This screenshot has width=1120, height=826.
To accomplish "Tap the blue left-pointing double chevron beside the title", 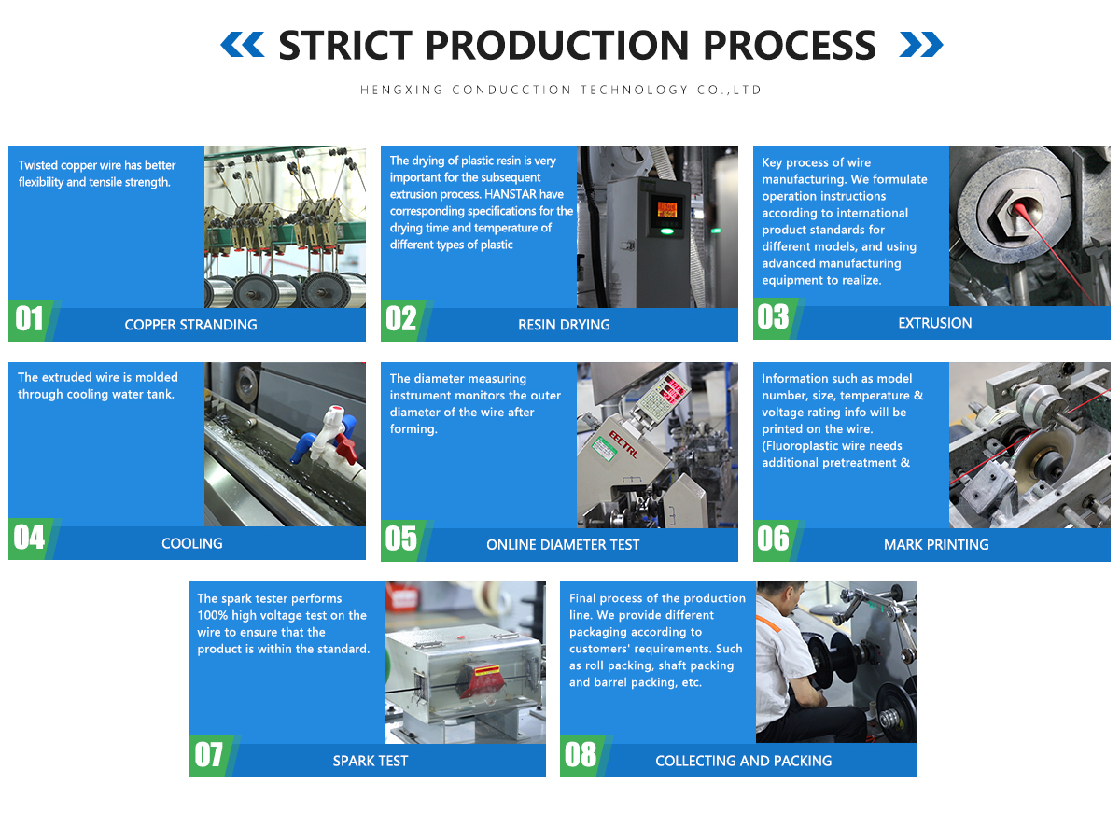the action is point(243,44).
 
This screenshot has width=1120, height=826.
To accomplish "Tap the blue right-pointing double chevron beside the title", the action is point(920,44).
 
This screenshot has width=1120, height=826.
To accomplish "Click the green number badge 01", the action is point(30,319).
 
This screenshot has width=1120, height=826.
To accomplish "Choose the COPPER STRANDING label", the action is point(190,325).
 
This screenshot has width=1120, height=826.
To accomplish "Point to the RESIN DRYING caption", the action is point(564,325).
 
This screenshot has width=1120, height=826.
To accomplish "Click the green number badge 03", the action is point(773,317).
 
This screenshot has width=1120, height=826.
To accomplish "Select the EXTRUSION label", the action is point(934,323).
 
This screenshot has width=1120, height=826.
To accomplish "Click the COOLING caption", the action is point(191,543).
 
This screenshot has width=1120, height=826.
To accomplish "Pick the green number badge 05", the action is point(401,539).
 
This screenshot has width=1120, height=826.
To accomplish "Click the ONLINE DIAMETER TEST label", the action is point(563,544).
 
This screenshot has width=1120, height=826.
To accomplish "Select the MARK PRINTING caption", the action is point(935,544).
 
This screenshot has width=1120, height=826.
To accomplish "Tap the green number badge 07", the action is point(209,754).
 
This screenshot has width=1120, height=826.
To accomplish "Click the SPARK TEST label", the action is point(370,761).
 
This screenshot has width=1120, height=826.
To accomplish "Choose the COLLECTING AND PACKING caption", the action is point(743,761).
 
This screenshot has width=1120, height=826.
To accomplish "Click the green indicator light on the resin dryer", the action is point(665,231).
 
